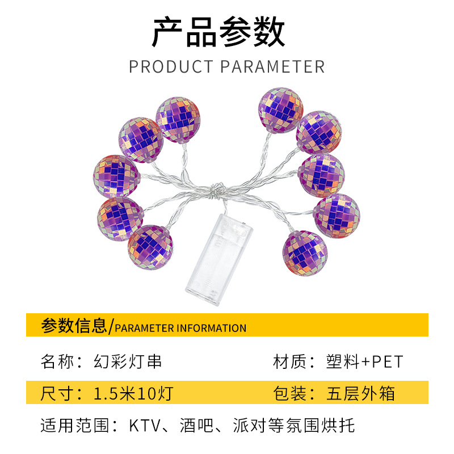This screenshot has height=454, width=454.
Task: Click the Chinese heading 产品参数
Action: click(x=218, y=33)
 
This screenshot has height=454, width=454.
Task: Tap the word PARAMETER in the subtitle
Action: click(x=272, y=66)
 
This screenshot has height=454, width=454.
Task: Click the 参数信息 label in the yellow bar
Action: click(x=74, y=326)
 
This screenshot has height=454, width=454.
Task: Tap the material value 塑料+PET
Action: click(x=364, y=361)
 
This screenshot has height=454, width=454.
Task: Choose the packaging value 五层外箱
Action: click(x=361, y=393)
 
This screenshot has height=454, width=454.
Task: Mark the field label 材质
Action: click(x=288, y=361)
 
